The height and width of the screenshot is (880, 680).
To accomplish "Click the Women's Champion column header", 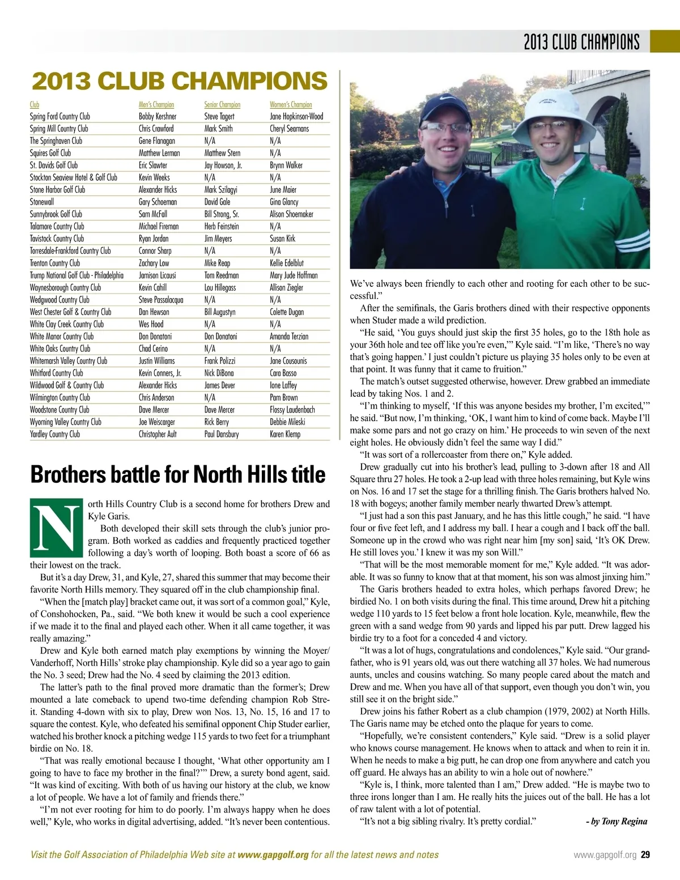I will pyautogui.click(x=291, y=105).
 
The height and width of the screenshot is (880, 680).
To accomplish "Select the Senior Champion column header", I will pyautogui.click(x=222, y=105).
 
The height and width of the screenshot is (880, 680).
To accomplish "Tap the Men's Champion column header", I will pyautogui.click(x=156, y=105).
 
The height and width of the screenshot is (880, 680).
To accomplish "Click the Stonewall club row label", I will pyautogui.click(x=42, y=202).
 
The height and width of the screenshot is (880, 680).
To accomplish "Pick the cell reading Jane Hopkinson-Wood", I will pyautogui.click(x=296, y=117).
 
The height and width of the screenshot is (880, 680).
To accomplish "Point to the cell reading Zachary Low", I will pyautogui.click(x=154, y=263).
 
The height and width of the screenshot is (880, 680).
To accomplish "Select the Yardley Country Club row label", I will pyautogui.click(x=55, y=434).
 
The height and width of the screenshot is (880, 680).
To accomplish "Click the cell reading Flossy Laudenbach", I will pyautogui.click(x=292, y=410).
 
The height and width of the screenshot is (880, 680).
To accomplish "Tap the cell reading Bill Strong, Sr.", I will pyautogui.click(x=222, y=214).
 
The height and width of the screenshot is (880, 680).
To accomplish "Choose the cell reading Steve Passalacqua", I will pyautogui.click(x=161, y=300).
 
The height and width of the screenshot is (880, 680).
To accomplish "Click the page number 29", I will pyautogui.click(x=645, y=855).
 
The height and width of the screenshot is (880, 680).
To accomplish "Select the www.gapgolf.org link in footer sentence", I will pyautogui.click(x=273, y=855).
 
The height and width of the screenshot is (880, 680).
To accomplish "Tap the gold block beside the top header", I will pyautogui.click(x=664, y=41).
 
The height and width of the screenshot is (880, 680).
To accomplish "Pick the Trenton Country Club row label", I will pyautogui.click(x=55, y=263).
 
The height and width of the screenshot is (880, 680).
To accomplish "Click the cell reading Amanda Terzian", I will pyautogui.click(x=289, y=337).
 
